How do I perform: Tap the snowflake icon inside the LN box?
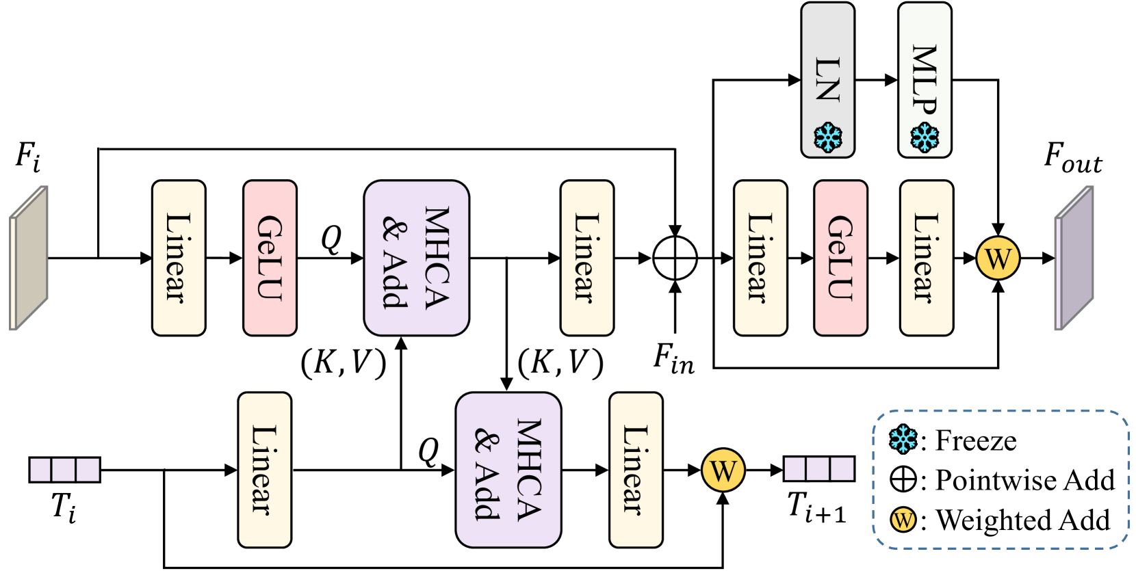827,137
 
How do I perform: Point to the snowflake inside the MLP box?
925,137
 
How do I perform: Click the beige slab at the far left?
29,258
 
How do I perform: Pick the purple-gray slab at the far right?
1074,258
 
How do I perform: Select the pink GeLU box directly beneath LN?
840,258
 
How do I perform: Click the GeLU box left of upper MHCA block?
270,258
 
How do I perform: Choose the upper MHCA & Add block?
416,258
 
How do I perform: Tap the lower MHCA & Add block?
508,470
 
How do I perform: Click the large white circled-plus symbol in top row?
675,258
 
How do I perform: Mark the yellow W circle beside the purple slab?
998,258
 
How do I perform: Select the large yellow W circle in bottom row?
723,470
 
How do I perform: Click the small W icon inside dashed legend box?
903,520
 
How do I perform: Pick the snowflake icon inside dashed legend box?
903,439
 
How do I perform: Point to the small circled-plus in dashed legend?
903,479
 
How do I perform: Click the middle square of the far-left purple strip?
64,470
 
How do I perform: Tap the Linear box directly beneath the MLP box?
926,258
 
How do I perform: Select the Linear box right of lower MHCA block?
635,470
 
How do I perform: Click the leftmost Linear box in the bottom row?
264,470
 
